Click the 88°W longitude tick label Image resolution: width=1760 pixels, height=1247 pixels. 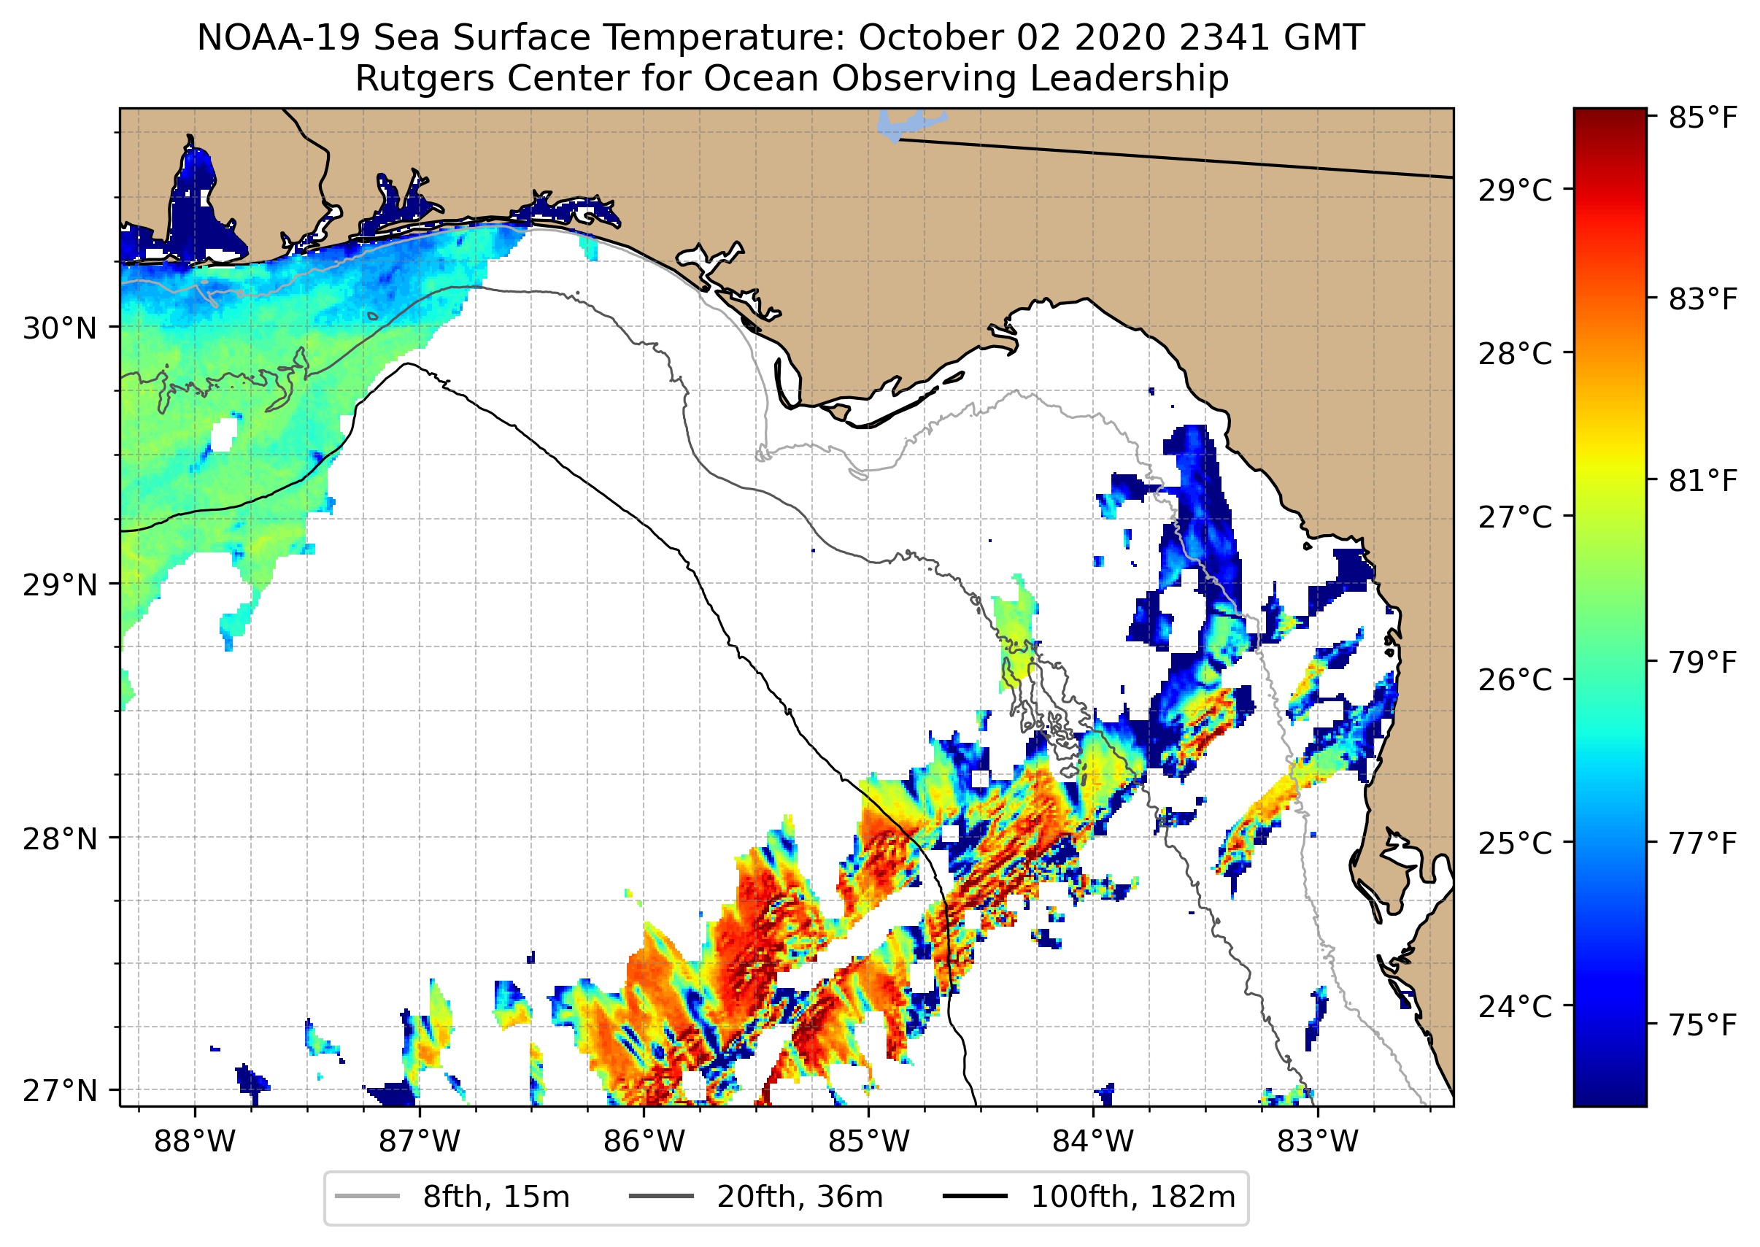click(194, 1142)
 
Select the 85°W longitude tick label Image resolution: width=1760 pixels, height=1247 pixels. click(868, 1142)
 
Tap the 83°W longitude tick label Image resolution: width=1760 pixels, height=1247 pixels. click(1318, 1142)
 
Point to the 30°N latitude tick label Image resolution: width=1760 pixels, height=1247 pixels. click(60, 328)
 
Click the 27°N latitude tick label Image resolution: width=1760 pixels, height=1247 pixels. click(60, 1090)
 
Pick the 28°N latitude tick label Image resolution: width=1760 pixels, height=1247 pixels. click(60, 839)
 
